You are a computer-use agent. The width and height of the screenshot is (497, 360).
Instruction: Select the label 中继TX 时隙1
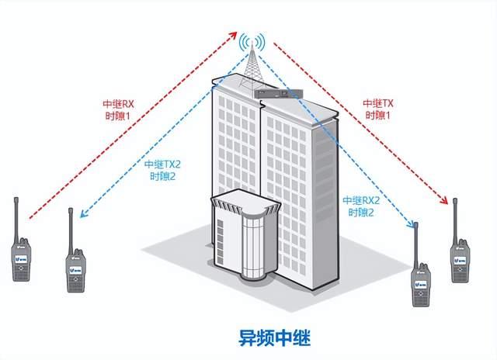tap(377, 109)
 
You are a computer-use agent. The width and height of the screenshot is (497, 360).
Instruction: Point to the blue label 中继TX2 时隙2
tap(162, 170)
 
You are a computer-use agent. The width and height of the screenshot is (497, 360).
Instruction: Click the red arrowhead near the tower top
tap(235, 35)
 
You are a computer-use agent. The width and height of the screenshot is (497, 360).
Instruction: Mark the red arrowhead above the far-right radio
tap(451, 201)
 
